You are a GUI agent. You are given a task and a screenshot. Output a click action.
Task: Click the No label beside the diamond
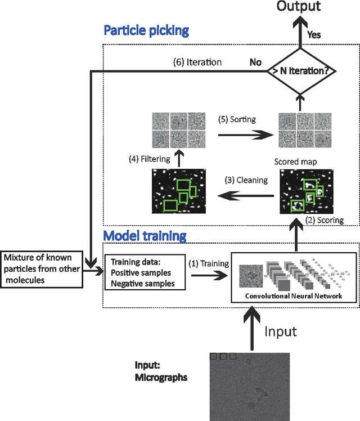coord(256,62)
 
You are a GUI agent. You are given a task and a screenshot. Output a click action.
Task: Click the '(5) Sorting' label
coord(237,119)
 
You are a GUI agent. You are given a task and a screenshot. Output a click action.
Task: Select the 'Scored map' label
coord(295,162)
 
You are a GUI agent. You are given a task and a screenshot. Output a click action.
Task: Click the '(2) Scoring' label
coord(324,220)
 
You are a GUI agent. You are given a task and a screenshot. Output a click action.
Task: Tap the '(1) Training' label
coord(209,263)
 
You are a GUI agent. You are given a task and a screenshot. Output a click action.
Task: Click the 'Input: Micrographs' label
coord(161,372)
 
